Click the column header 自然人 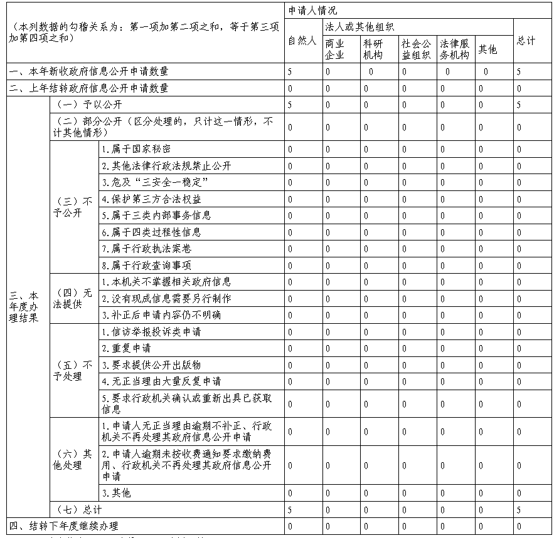tap(301, 41)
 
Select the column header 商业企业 tap(334, 49)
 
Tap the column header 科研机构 tap(373, 49)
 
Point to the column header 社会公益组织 tap(417, 49)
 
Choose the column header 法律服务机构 tap(455, 49)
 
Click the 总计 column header tap(526, 41)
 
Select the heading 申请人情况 tap(312, 11)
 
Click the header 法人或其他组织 tap(359, 27)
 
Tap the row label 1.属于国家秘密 tap(136, 149)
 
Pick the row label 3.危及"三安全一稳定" tap(154, 182)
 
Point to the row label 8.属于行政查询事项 tap(146, 265)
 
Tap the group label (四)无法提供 tap(75, 298)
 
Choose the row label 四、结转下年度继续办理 tap(63, 525)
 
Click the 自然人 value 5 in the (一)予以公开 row tap(290, 105)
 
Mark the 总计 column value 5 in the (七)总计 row tap(519, 510)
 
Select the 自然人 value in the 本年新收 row tap(290, 72)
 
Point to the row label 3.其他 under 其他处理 tap(116, 493)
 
